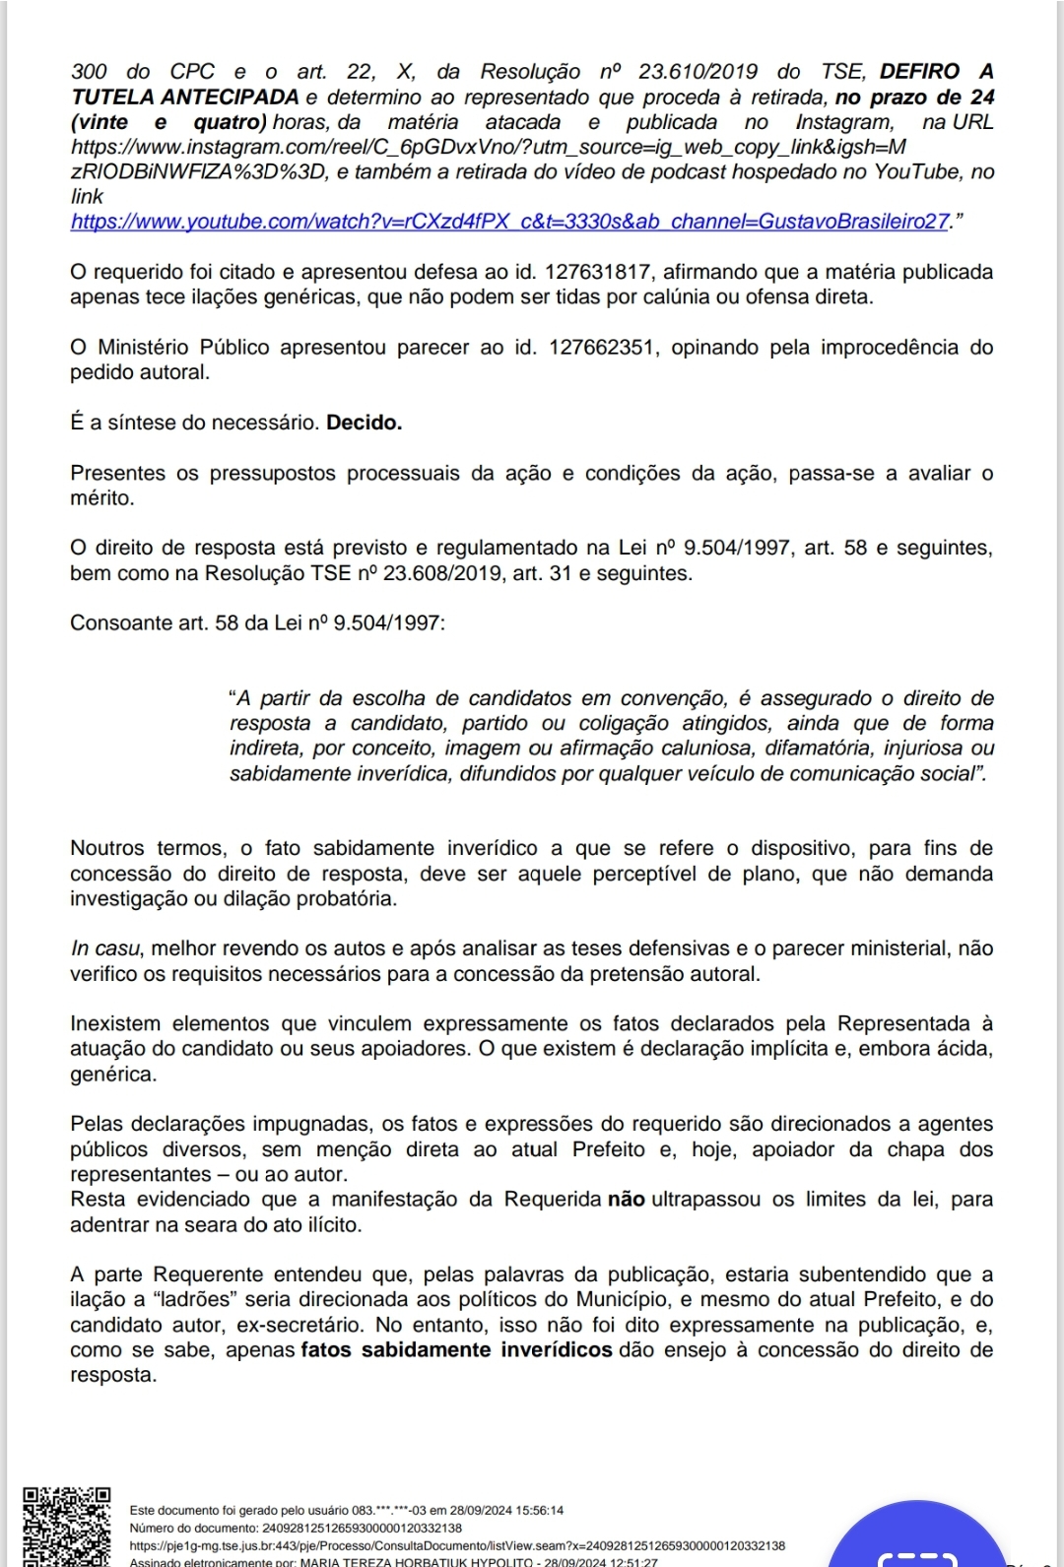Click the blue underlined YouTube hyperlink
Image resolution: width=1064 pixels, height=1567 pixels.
coord(510,222)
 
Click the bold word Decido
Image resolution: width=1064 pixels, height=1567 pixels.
coord(364,424)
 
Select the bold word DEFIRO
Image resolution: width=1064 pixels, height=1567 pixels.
coord(919,72)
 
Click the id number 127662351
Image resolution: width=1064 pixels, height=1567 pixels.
coord(602,348)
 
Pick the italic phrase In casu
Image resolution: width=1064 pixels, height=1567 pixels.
coord(104,948)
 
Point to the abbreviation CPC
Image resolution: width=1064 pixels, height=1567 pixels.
coord(191,72)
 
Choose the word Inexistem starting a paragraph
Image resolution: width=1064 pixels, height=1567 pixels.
coord(120,1023)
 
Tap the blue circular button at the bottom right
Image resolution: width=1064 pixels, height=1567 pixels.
coord(916,1541)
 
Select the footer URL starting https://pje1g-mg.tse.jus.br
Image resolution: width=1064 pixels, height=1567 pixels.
coord(457,1546)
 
